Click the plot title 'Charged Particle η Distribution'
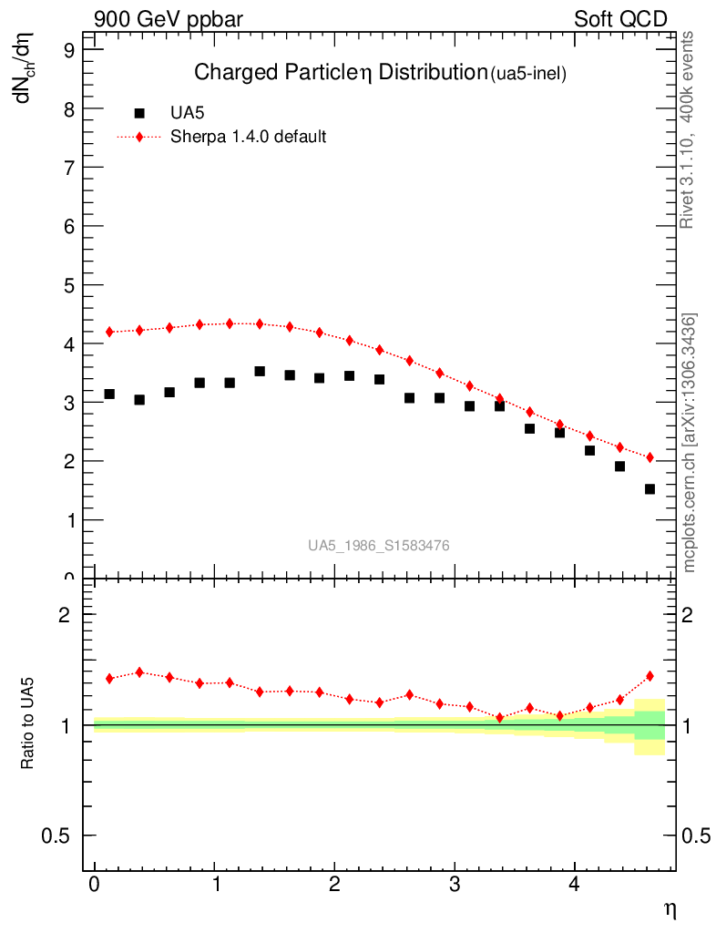click(341, 73)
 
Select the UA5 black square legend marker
click(139, 114)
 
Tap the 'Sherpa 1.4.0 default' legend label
click(249, 137)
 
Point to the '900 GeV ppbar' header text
click(169, 19)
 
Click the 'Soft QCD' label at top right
click(620, 19)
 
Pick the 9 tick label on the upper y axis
click(69, 51)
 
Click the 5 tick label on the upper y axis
click(69, 285)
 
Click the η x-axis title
click(669, 908)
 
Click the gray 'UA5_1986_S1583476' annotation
click(378, 546)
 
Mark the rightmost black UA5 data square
click(650, 489)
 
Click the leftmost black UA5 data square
click(109, 394)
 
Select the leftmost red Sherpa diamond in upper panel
click(109, 332)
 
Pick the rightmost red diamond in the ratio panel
click(650, 676)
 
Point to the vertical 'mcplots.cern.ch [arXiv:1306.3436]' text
click(690, 443)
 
